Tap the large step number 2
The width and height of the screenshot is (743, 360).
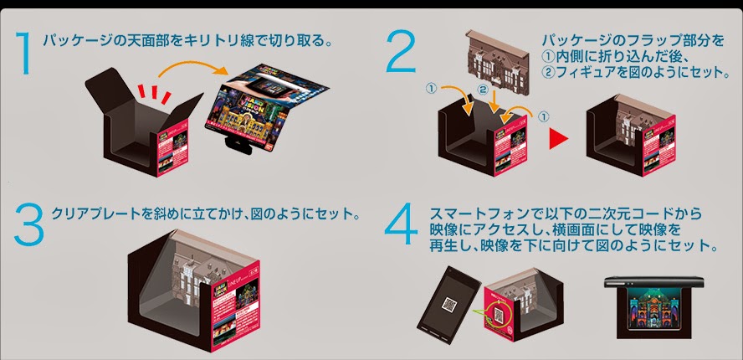pos(399,53)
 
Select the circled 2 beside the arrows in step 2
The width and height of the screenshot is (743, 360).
pos(482,88)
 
